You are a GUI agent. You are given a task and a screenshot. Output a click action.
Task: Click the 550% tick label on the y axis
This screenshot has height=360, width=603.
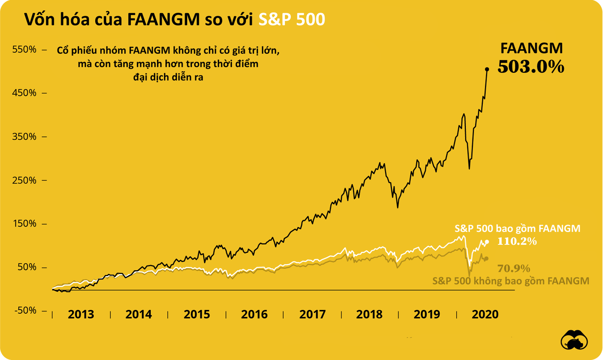click(23, 50)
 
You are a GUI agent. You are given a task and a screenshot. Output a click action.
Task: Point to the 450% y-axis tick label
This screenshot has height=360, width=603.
click(23, 93)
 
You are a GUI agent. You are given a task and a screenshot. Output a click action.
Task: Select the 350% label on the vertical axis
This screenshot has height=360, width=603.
click(23, 137)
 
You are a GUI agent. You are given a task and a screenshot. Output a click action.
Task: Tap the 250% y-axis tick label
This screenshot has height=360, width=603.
click(23, 180)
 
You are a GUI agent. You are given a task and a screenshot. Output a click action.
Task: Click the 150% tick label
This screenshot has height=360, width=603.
click(23, 224)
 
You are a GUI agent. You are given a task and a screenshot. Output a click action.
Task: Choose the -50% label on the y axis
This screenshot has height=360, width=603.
click(23, 311)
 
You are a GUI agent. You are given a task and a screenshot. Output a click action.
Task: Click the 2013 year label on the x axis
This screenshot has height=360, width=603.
click(81, 315)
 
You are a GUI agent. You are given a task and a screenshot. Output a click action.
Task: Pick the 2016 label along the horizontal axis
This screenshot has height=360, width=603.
click(254, 315)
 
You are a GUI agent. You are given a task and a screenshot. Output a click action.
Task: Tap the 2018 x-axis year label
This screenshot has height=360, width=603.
click(370, 315)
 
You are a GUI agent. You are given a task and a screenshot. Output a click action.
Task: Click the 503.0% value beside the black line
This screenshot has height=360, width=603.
click(531, 67)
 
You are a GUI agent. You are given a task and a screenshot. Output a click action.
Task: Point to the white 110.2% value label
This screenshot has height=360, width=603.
click(517, 242)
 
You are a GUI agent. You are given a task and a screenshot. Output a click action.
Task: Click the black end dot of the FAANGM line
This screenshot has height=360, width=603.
click(487, 69)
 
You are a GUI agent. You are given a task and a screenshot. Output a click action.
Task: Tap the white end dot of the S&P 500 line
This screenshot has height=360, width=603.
click(487, 242)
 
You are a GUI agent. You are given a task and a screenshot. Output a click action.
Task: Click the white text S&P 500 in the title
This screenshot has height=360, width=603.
click(292, 19)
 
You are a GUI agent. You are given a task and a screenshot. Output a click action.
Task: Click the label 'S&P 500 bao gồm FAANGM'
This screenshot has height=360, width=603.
click(517, 229)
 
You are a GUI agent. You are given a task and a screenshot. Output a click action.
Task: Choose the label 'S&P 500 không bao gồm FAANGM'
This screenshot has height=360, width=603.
click(511, 281)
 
